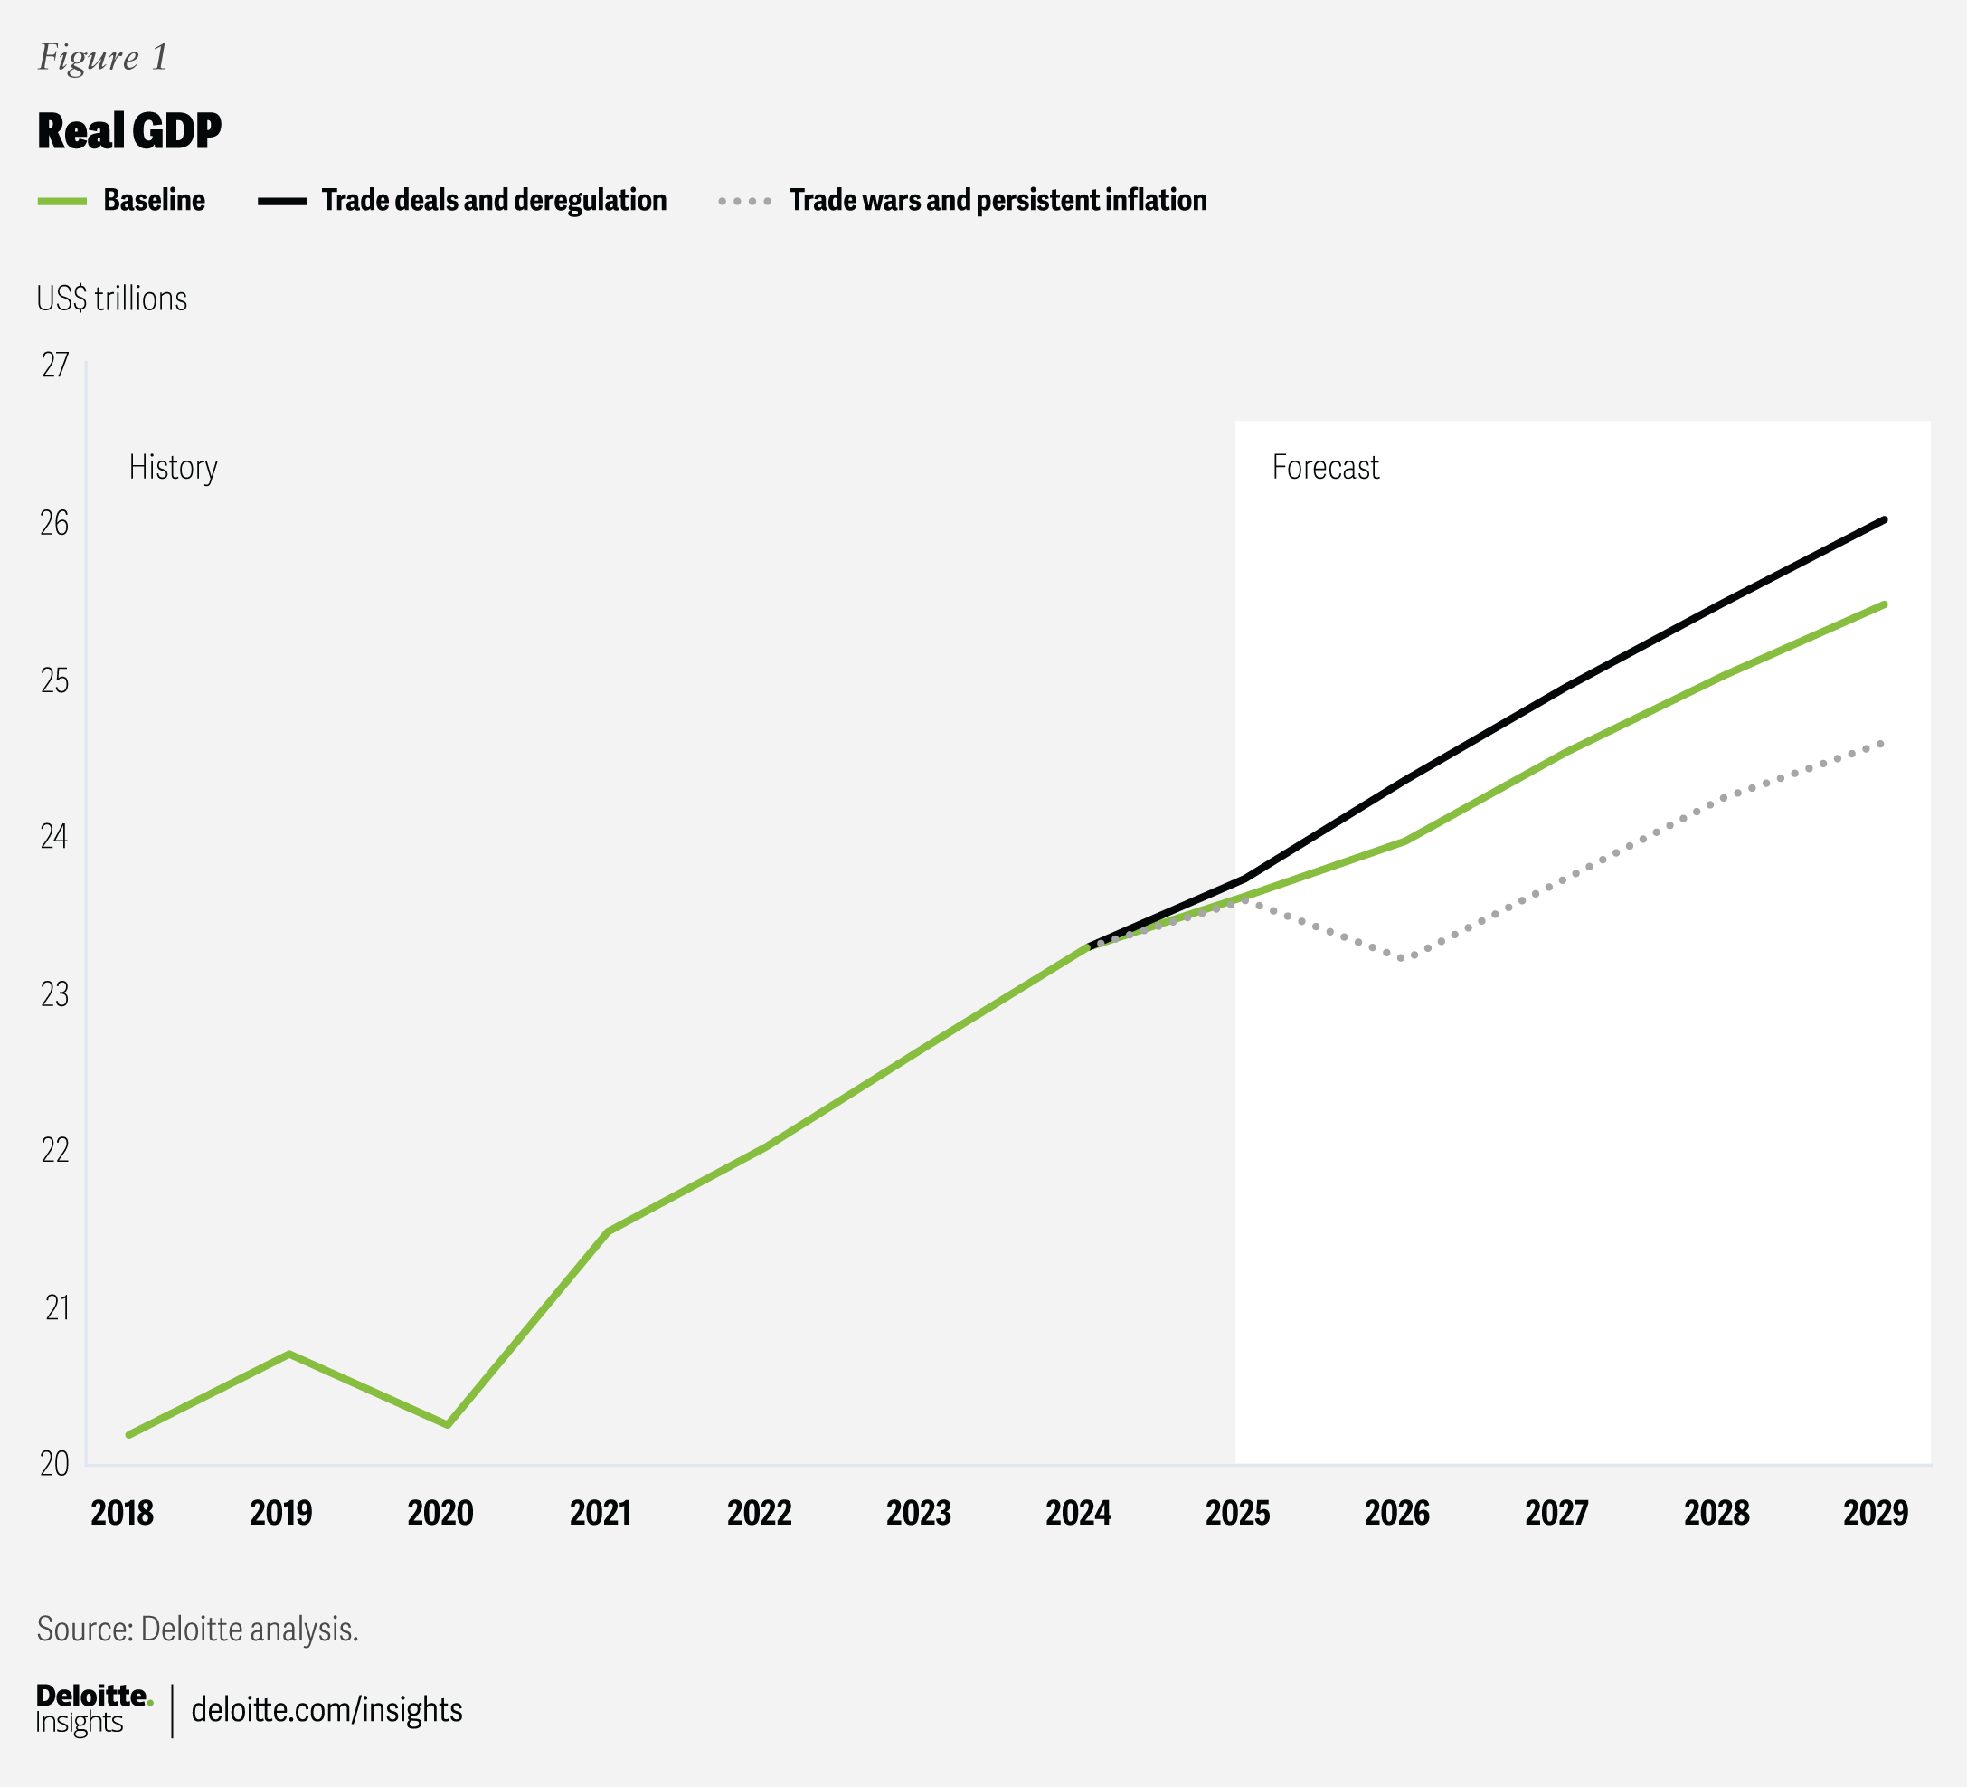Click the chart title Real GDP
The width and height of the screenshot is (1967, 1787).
pos(129,131)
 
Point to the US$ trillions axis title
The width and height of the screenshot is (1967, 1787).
pos(112,299)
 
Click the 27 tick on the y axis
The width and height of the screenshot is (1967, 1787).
pos(54,365)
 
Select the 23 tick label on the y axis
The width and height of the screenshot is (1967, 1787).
pos(54,993)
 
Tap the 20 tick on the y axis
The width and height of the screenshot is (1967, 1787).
pos(54,1463)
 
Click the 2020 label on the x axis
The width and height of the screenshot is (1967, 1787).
pos(440,1513)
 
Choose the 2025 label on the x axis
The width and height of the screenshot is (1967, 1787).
pos(1237,1513)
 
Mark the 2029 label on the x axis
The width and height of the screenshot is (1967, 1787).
pos(1876,1513)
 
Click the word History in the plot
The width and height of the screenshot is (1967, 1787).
pos(173,468)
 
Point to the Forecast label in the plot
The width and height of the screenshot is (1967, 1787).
pos(1325,468)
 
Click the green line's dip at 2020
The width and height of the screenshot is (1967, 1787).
pos(447,1425)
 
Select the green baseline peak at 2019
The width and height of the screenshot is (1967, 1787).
pos(288,1354)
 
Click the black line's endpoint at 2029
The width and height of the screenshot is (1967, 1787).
pos(1884,520)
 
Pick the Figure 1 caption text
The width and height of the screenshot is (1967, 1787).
pos(102,58)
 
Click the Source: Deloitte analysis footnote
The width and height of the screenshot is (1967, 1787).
pos(198,1629)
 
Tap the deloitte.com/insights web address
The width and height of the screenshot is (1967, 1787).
pos(326,1710)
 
